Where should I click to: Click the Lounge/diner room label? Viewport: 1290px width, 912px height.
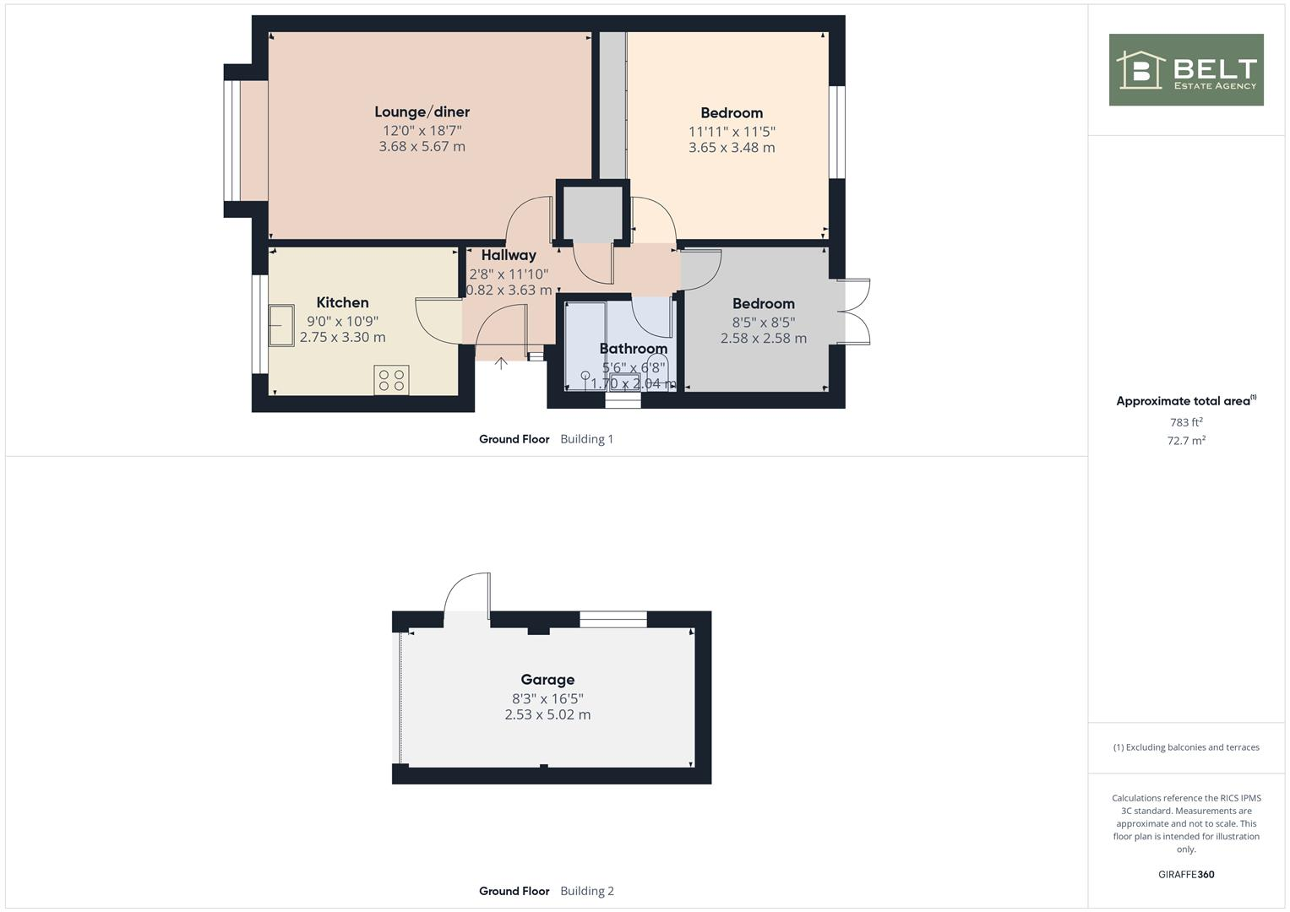[x=422, y=111]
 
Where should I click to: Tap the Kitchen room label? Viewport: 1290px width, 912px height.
[x=342, y=302]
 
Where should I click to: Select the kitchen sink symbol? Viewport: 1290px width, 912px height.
[x=280, y=325]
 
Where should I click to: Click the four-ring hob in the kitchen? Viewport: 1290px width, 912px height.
[x=391, y=379]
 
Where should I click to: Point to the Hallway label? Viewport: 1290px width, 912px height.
[x=509, y=255]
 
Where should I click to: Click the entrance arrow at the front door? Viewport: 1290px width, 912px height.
[x=501, y=363]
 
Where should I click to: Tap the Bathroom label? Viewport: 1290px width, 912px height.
[x=633, y=349]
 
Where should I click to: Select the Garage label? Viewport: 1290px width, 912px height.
[x=547, y=680]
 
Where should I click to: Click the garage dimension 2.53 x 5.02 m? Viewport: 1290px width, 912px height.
[x=547, y=714]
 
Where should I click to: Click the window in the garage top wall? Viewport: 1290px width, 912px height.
[x=612, y=619]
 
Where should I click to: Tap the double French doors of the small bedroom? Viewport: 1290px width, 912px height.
[x=855, y=312]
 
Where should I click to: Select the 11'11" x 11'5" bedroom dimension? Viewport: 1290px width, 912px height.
[x=732, y=132]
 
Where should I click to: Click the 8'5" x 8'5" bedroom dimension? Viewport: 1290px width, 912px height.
[x=763, y=322]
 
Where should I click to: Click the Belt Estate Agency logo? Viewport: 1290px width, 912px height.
[x=1186, y=70]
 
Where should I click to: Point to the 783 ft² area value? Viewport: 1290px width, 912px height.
[x=1186, y=422]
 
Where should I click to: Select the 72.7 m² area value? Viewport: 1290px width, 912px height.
[x=1186, y=441]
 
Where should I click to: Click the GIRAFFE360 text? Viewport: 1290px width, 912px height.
[x=1186, y=874]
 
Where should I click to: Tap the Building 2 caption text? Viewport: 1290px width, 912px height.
[x=587, y=891]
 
